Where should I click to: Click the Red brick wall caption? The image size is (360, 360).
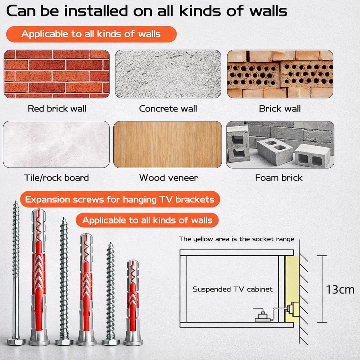[57, 109]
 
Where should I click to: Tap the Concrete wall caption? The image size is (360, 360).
[168, 109]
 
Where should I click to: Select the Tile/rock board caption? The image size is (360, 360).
[56, 178]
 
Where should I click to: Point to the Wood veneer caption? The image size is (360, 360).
[168, 178]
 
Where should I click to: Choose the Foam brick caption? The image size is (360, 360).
[279, 178]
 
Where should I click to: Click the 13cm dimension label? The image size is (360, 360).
[340, 290]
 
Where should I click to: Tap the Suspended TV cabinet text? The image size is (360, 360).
[232, 289]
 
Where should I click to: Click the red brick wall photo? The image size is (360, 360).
[57, 74]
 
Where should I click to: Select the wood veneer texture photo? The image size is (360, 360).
[168, 145]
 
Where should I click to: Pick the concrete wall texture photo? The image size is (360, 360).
[168, 74]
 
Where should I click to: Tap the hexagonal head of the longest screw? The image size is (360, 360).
[16, 342]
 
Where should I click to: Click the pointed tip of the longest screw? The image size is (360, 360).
[16, 201]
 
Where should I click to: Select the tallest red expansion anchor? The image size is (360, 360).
[39, 277]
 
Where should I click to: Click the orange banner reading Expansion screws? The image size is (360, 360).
[120, 199]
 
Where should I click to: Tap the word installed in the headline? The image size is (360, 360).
[96, 11]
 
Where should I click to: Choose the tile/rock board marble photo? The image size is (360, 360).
[56, 144]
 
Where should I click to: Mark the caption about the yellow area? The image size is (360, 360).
[236, 239]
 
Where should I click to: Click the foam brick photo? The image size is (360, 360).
[280, 145]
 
